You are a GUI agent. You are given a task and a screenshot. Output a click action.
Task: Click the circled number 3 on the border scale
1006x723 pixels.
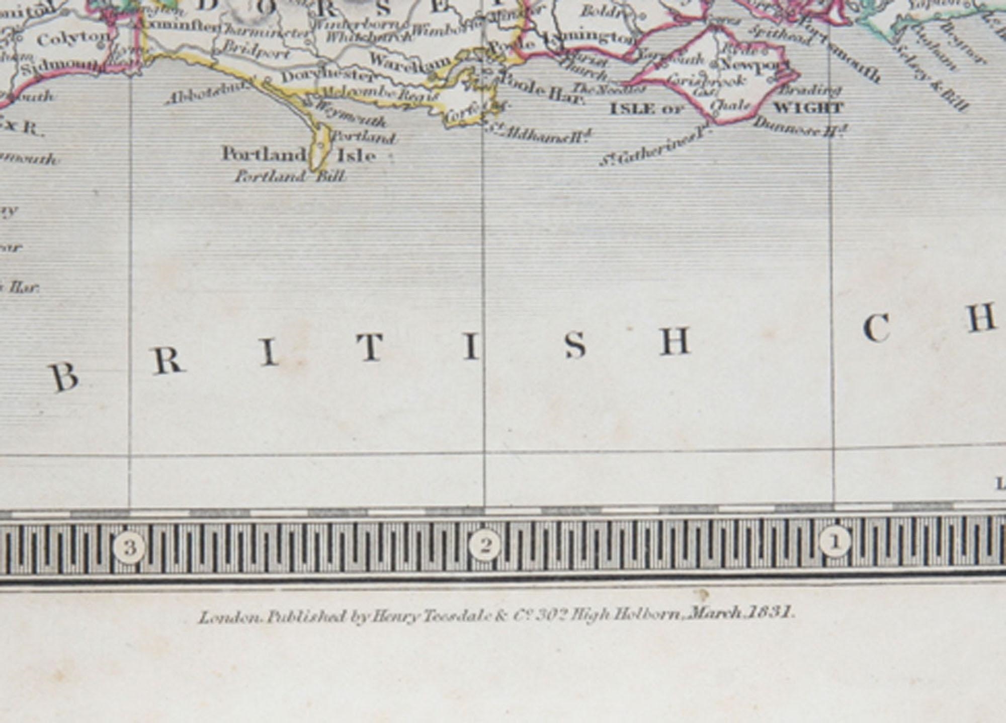[x=130, y=547]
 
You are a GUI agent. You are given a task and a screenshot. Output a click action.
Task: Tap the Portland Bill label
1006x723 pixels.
[x=290, y=177]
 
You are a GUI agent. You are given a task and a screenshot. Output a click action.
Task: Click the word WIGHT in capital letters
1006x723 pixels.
[x=808, y=108]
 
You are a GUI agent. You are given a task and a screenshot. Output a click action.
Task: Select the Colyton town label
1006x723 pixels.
[x=73, y=39]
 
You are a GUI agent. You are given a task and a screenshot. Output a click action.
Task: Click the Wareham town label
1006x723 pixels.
[x=410, y=60]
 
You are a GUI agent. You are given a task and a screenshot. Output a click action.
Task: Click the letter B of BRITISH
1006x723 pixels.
[x=64, y=377]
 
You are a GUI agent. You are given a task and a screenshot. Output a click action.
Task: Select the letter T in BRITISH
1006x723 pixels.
[x=371, y=348]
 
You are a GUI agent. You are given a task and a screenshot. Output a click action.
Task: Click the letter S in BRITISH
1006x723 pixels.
[x=575, y=346]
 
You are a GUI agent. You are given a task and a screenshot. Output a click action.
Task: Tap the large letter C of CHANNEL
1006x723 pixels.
[x=877, y=329]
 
